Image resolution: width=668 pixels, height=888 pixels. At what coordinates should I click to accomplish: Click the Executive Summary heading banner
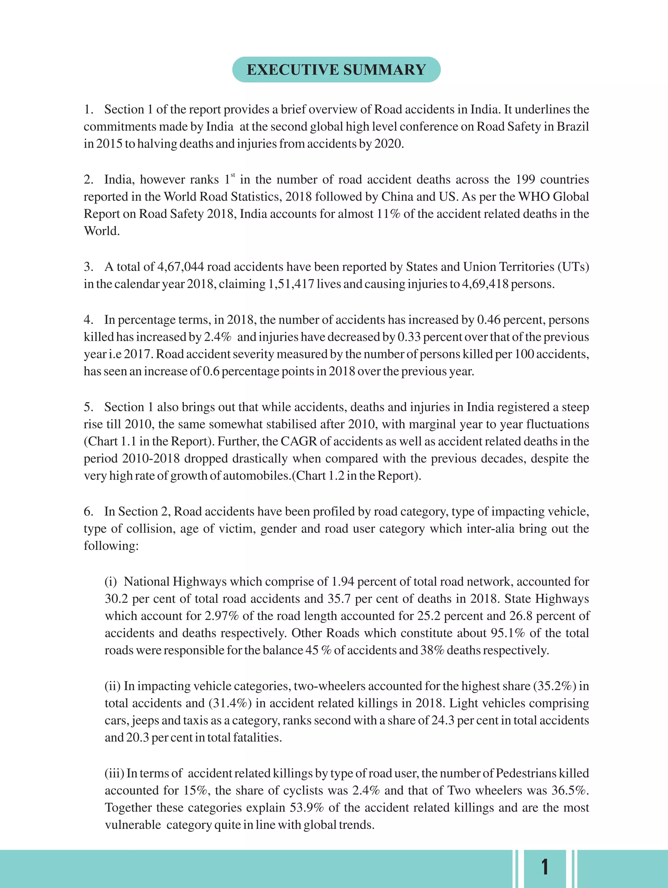[x=336, y=69]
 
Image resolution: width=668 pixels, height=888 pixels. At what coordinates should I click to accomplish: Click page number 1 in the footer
[x=545, y=867]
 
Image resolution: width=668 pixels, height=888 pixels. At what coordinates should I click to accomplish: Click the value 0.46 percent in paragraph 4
[x=489, y=320]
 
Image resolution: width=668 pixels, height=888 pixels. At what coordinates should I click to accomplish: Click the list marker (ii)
[x=113, y=686]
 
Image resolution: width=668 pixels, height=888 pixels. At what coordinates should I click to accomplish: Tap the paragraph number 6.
[x=88, y=512]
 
